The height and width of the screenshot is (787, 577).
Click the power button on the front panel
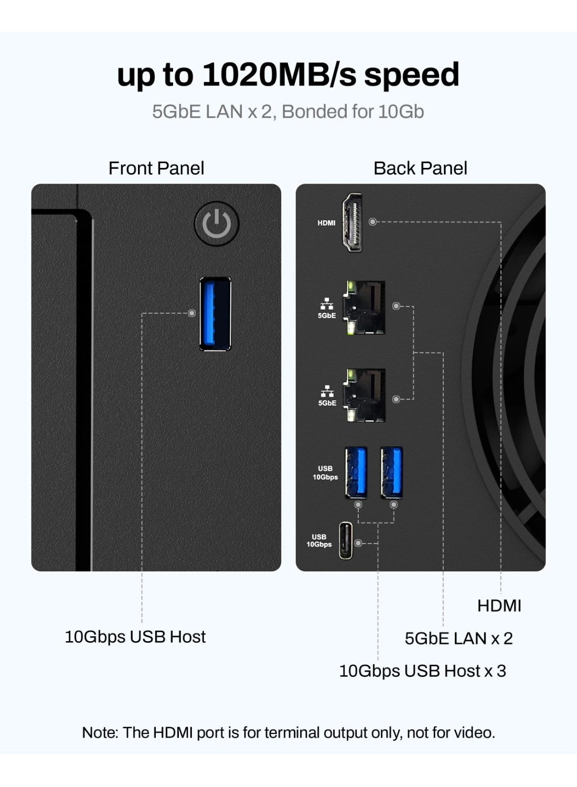(x=217, y=224)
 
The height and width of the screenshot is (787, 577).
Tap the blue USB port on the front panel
(x=215, y=313)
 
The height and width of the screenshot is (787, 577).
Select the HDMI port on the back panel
(x=352, y=222)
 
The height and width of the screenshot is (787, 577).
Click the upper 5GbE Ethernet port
(x=365, y=307)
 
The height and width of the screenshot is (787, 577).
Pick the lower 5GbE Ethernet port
(x=365, y=395)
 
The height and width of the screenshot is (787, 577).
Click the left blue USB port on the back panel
(x=356, y=472)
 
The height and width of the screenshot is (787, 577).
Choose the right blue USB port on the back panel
(x=392, y=472)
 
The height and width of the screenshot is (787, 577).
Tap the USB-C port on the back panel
(x=345, y=540)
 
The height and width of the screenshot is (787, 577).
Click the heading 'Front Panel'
(x=156, y=168)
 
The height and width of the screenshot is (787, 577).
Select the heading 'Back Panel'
(x=420, y=168)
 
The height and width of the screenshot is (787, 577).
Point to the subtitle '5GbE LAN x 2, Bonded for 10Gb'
(x=288, y=112)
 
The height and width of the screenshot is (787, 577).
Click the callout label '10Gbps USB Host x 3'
(x=422, y=671)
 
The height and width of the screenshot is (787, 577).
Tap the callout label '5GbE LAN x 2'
(x=458, y=639)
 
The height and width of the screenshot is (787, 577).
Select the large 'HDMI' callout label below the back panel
(x=499, y=606)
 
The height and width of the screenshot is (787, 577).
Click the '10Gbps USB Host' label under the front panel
(x=135, y=637)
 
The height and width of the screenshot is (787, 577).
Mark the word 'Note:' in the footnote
(x=100, y=732)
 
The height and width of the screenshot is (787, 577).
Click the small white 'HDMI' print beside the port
(x=326, y=223)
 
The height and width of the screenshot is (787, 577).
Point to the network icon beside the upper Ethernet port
(x=327, y=304)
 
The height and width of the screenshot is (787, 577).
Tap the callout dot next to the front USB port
(x=192, y=313)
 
